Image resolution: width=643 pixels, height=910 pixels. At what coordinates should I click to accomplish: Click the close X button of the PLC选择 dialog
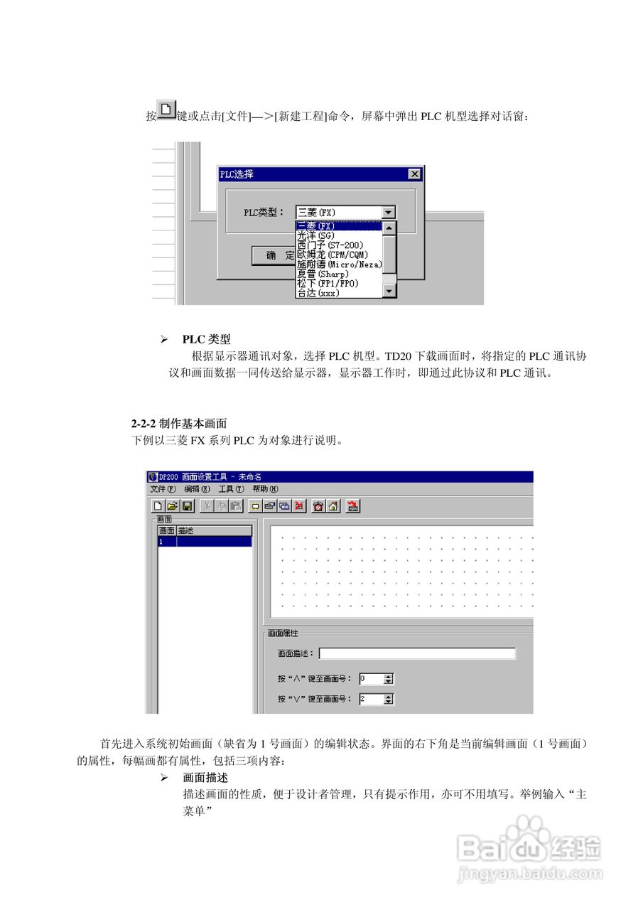415,174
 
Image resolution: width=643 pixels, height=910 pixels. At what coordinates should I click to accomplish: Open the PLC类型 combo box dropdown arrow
387,212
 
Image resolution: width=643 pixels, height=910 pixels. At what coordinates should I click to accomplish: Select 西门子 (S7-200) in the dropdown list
330,245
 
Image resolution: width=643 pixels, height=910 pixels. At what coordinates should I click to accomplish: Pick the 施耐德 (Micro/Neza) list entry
339,264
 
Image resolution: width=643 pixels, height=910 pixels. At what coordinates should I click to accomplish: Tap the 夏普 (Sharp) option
323,274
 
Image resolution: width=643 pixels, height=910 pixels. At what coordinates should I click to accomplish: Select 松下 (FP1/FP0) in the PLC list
328,283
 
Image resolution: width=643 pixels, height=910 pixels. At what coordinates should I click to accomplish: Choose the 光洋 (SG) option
315,235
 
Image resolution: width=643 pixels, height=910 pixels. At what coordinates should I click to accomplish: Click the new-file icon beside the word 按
166,110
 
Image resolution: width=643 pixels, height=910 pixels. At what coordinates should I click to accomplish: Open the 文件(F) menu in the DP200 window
162,489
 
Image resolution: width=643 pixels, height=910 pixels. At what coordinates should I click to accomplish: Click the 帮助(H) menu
265,489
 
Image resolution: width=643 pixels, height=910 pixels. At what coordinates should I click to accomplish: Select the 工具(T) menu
231,489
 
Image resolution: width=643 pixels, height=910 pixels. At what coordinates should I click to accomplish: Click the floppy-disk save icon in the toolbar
188,506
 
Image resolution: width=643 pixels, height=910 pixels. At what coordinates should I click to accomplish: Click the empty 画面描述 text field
417,653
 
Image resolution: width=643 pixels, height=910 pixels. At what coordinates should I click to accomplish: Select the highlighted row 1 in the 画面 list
205,542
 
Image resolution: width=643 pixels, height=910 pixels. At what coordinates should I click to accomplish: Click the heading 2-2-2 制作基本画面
173,424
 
